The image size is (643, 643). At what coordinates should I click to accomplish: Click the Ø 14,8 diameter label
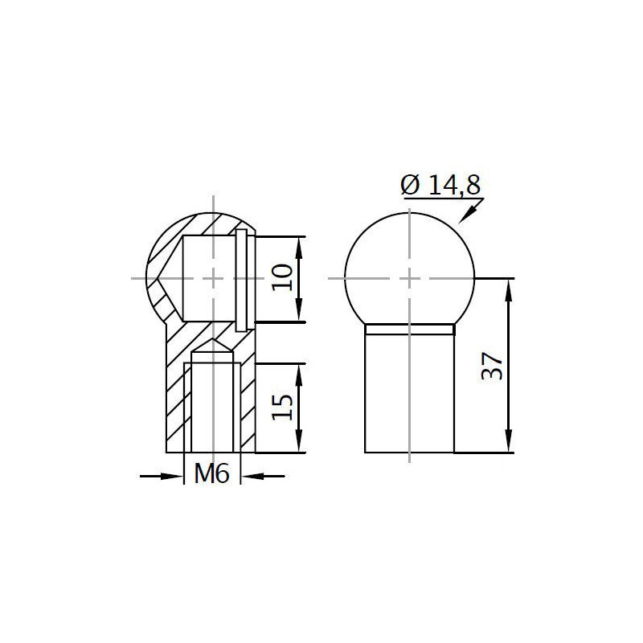tap(440, 185)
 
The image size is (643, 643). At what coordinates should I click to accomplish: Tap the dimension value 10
tap(283, 277)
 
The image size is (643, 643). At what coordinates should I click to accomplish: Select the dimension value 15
tap(283, 407)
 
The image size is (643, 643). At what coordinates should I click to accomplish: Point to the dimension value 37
tap(492, 367)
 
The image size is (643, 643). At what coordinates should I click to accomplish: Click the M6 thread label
tap(211, 474)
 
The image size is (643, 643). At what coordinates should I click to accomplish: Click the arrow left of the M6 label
tap(162, 476)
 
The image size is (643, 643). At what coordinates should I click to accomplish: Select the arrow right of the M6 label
tap(263, 476)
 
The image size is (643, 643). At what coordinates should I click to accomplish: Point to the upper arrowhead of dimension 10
tap(299, 248)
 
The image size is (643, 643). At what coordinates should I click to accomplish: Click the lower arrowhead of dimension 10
tap(299, 311)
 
